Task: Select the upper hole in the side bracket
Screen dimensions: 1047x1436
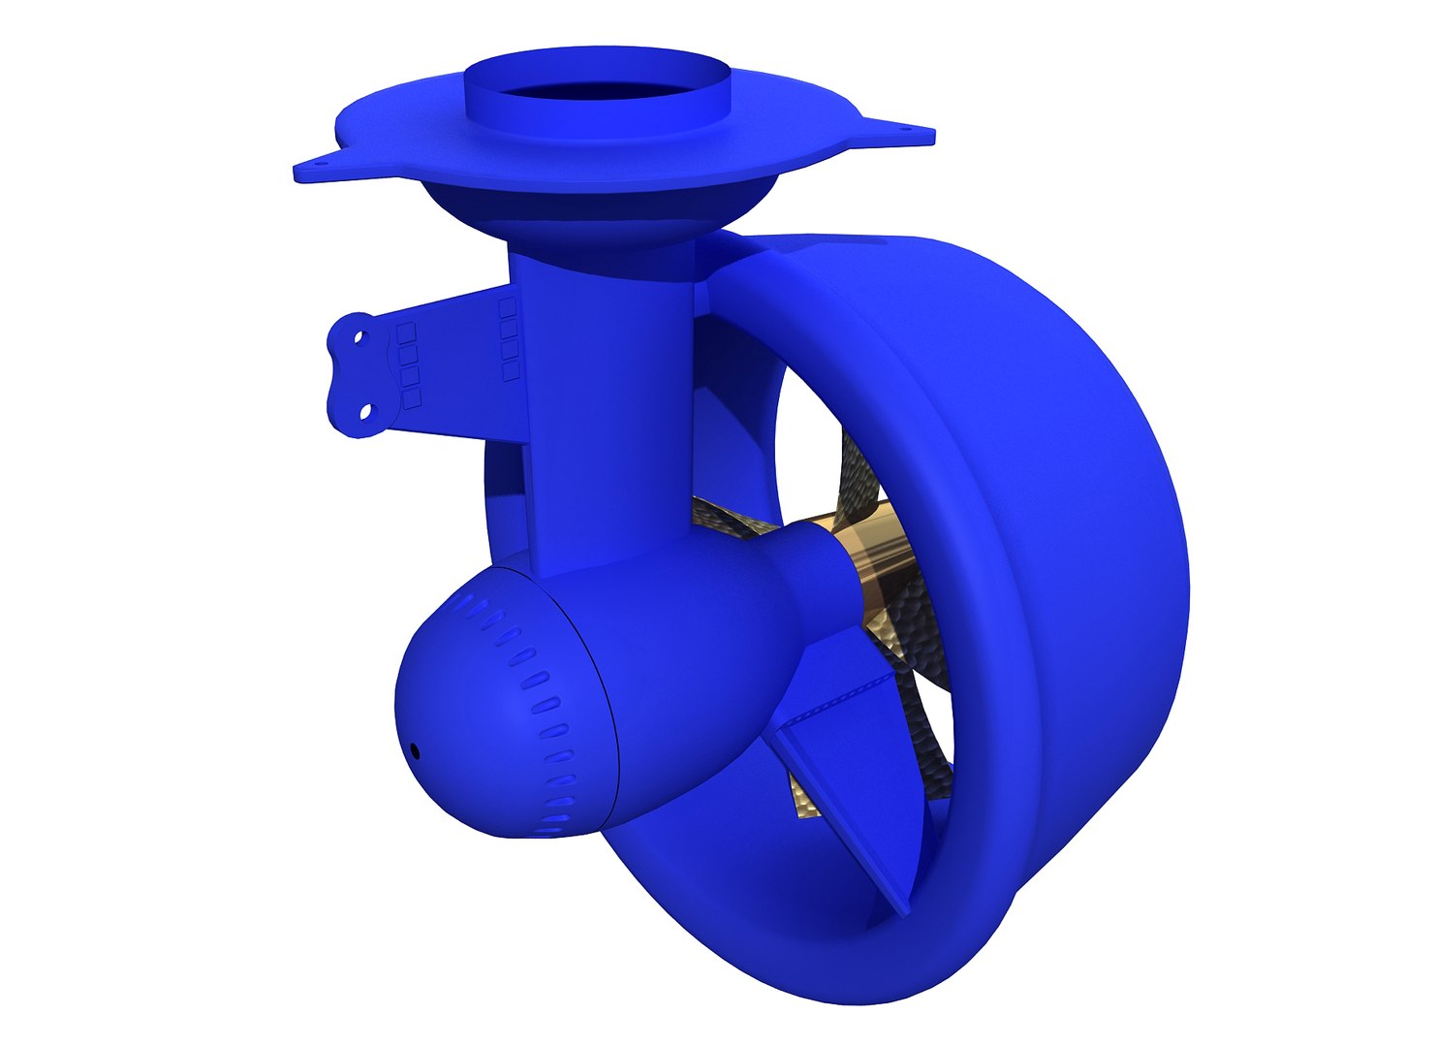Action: click(x=359, y=339)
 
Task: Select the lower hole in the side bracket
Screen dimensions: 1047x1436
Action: click(x=365, y=411)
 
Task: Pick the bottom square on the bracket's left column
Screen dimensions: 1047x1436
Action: click(x=412, y=398)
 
